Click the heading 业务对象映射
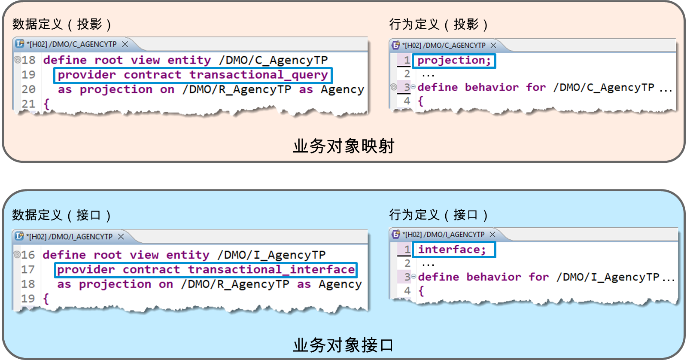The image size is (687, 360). click(x=343, y=146)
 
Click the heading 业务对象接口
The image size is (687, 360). click(x=343, y=345)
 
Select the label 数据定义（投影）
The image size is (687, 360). click(x=62, y=24)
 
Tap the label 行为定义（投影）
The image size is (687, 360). click(x=439, y=24)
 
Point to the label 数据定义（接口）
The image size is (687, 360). click(x=62, y=215)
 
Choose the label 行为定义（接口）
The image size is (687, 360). click(x=439, y=215)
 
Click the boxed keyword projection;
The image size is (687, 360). click(x=454, y=61)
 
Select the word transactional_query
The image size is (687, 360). click(x=259, y=75)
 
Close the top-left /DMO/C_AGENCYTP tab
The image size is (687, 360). click(x=125, y=45)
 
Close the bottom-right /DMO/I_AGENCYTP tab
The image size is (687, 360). click(x=492, y=235)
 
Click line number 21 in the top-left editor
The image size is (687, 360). click(x=28, y=104)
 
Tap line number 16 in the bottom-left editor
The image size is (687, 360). click(x=28, y=255)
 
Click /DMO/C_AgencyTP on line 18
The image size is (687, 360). click(x=273, y=61)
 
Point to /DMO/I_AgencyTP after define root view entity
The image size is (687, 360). click(x=271, y=255)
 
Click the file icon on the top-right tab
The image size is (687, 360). click(x=396, y=46)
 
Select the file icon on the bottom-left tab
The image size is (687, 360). click(x=19, y=236)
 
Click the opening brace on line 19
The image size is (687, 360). click(x=46, y=299)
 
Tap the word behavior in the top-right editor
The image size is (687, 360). click(x=492, y=88)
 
